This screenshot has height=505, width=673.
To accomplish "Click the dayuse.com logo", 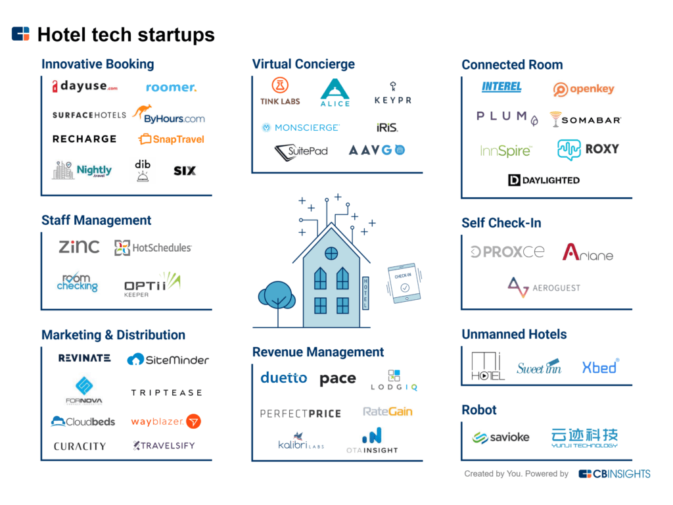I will pos(85,86).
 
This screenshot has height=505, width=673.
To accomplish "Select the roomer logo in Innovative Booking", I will pos(171,87).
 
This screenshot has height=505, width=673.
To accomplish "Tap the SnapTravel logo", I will pos(171,139).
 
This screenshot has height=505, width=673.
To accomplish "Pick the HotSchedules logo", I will pos(153,248).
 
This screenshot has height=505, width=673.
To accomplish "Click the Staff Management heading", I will pos(96,220).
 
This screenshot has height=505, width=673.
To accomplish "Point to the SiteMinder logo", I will pos(168,359).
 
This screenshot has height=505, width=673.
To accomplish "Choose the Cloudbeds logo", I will pos(83,421).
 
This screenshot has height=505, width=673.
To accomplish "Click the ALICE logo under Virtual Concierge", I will pos(335,93).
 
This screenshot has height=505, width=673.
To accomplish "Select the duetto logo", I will pos(284,378).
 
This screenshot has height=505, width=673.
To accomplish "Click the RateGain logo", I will pos(388,412).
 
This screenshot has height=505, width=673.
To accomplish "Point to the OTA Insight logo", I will pos(372,441).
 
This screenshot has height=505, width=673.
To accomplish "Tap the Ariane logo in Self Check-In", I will pos(588,252).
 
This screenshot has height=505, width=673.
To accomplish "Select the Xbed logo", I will pos(600,367).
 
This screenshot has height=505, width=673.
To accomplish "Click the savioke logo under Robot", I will pos(501,437).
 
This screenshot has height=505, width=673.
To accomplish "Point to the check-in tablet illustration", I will pos(404,283).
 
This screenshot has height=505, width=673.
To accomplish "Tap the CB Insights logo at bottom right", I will pos(615,473).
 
